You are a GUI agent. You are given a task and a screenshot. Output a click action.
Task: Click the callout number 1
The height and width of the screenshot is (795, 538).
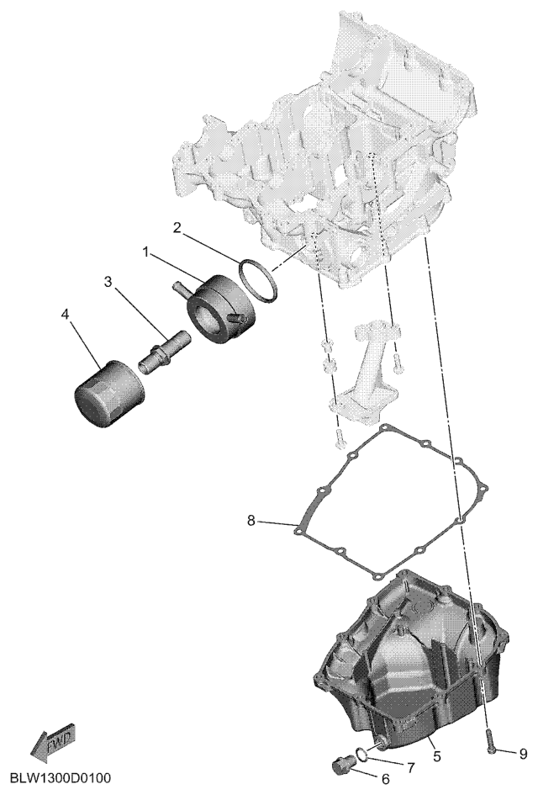[x=146, y=252]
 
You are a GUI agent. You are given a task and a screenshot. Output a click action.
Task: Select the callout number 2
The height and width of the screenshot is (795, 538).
[x=177, y=228]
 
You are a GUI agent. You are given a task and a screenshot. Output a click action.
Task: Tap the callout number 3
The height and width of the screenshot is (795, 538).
[x=108, y=281]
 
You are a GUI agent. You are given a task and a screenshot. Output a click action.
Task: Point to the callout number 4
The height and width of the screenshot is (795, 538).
[x=65, y=315]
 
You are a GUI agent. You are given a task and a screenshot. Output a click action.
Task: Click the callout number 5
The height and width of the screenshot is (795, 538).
[x=437, y=756]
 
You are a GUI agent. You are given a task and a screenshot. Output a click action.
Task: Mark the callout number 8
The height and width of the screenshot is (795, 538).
[x=251, y=520]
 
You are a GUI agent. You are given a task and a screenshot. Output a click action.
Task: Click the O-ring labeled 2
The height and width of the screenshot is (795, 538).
[x=258, y=280]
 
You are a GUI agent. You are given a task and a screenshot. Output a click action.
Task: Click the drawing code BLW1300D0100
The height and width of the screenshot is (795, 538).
[x=61, y=778]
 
